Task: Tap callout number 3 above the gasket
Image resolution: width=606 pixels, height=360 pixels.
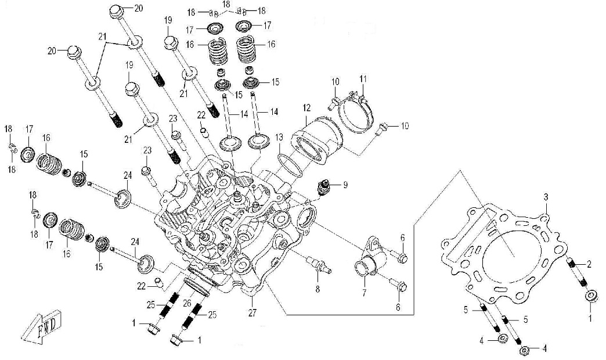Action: coord(546,198)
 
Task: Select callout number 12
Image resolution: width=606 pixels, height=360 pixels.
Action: coord(306,107)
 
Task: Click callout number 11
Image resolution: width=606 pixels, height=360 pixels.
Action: coord(363,78)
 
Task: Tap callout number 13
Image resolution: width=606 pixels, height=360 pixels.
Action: coord(279,137)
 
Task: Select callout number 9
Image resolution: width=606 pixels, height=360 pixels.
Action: coord(345,185)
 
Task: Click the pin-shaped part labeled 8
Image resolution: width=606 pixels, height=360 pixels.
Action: coord(320,265)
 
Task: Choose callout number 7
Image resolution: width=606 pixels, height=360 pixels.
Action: coord(364,293)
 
